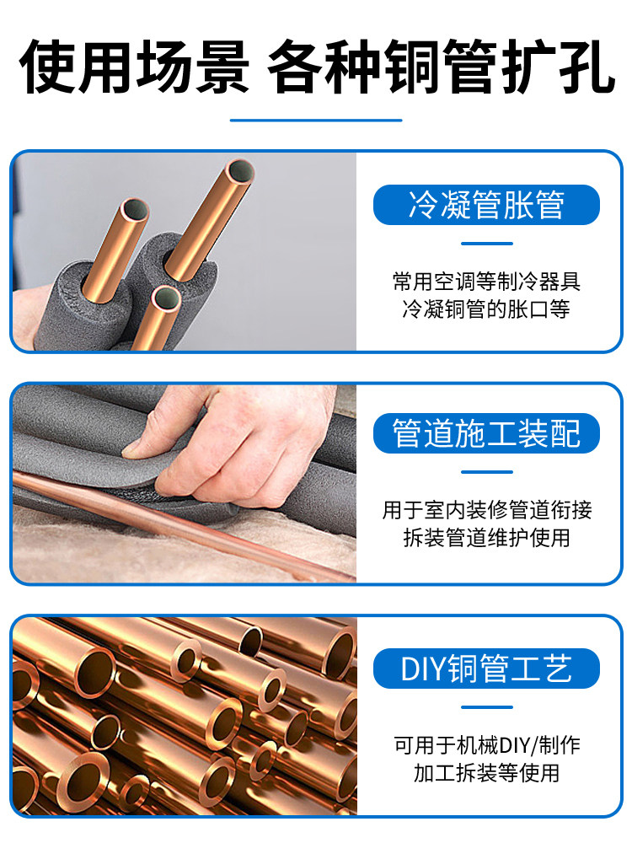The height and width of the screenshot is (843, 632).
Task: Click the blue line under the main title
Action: (316, 120)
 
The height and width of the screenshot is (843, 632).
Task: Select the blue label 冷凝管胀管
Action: (486, 205)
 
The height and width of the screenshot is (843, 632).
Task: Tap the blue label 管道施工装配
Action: (486, 433)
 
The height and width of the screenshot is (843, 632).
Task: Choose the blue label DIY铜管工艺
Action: (486, 668)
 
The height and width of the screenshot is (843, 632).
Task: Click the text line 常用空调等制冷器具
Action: (486, 280)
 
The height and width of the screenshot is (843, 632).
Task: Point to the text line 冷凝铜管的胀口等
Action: (486, 309)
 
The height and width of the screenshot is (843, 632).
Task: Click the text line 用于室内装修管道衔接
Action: (486, 509)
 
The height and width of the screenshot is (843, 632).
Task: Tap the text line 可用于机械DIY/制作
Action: (486, 745)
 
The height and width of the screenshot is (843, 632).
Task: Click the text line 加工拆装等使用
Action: (486, 773)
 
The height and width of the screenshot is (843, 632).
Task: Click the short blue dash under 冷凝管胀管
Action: (486, 244)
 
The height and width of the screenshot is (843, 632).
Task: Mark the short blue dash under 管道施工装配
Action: (486, 472)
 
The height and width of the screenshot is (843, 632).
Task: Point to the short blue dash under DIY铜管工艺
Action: (486, 706)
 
